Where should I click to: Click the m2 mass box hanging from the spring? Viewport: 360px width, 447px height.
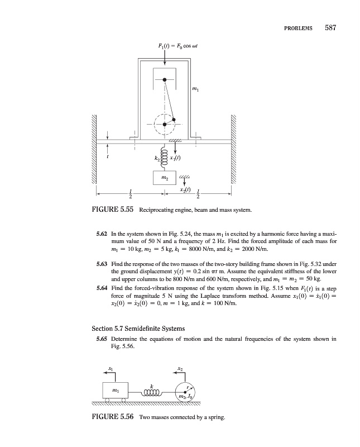coord(164,177)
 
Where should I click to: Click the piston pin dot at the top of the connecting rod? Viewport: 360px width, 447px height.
coord(165,80)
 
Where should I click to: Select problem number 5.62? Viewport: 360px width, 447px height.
coord(102,231)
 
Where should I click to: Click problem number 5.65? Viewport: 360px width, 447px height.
coord(102,339)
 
